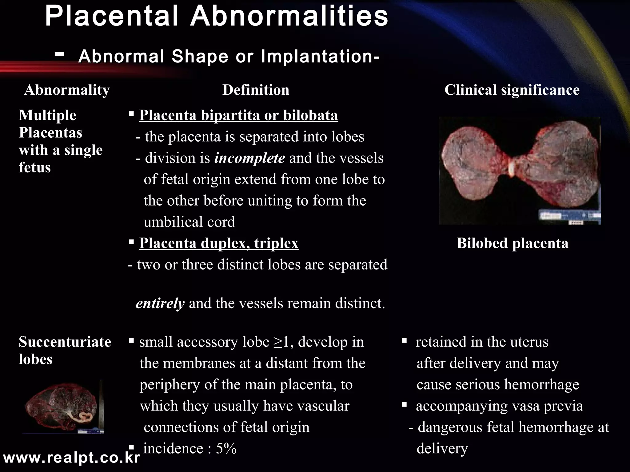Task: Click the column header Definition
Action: (256, 90)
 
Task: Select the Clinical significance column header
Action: (512, 90)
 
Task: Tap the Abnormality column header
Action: (67, 90)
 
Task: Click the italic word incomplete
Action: (249, 158)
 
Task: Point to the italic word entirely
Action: (160, 304)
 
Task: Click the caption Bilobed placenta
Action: (512, 243)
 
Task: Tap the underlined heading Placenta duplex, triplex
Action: (219, 243)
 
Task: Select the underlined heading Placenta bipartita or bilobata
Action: (238, 115)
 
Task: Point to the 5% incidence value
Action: (226, 449)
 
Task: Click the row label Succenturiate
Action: (65, 342)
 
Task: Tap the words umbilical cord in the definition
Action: (189, 222)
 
